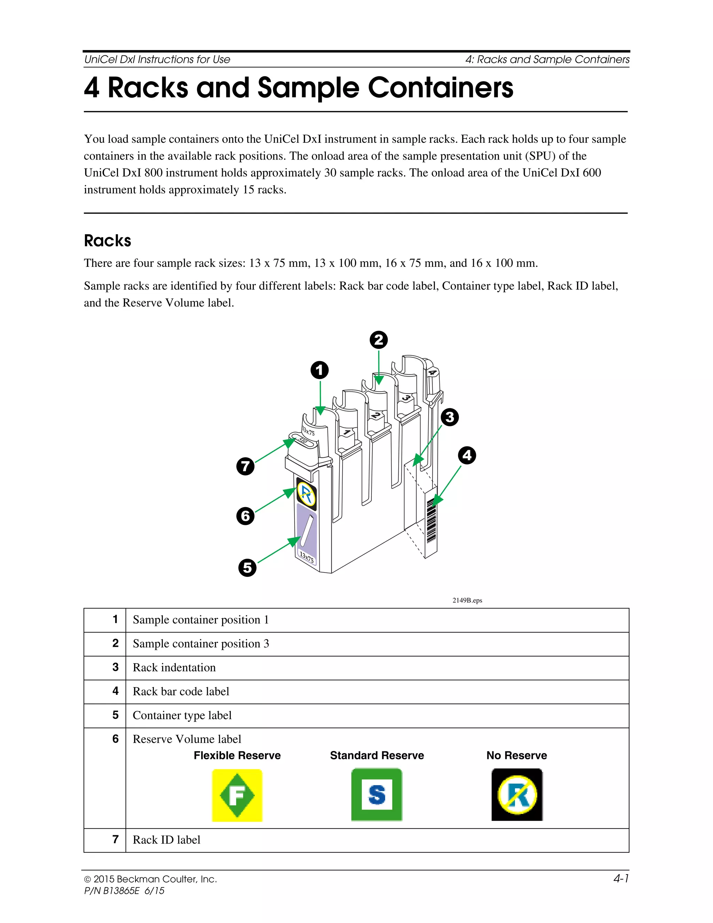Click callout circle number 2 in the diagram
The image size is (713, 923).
click(x=378, y=340)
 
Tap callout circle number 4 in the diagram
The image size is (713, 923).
click(x=467, y=456)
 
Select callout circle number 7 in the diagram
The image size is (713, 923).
click(x=245, y=467)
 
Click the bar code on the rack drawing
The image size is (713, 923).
click(x=431, y=521)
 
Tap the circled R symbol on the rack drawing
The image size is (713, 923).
click(x=306, y=494)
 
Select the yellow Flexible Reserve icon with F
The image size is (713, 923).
click(x=237, y=796)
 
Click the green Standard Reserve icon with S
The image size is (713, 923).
click(x=377, y=795)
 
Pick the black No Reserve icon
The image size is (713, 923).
click(x=517, y=795)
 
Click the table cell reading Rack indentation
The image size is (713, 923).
click(x=174, y=668)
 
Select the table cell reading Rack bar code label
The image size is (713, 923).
click(x=181, y=691)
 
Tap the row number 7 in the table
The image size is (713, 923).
click(x=115, y=839)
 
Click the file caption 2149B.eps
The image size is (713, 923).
click(x=467, y=600)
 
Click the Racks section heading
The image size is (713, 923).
click(x=108, y=240)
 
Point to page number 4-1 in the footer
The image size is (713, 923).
click(x=621, y=879)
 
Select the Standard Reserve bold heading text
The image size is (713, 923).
click(x=377, y=756)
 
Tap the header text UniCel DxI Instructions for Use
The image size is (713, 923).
click(x=157, y=60)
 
